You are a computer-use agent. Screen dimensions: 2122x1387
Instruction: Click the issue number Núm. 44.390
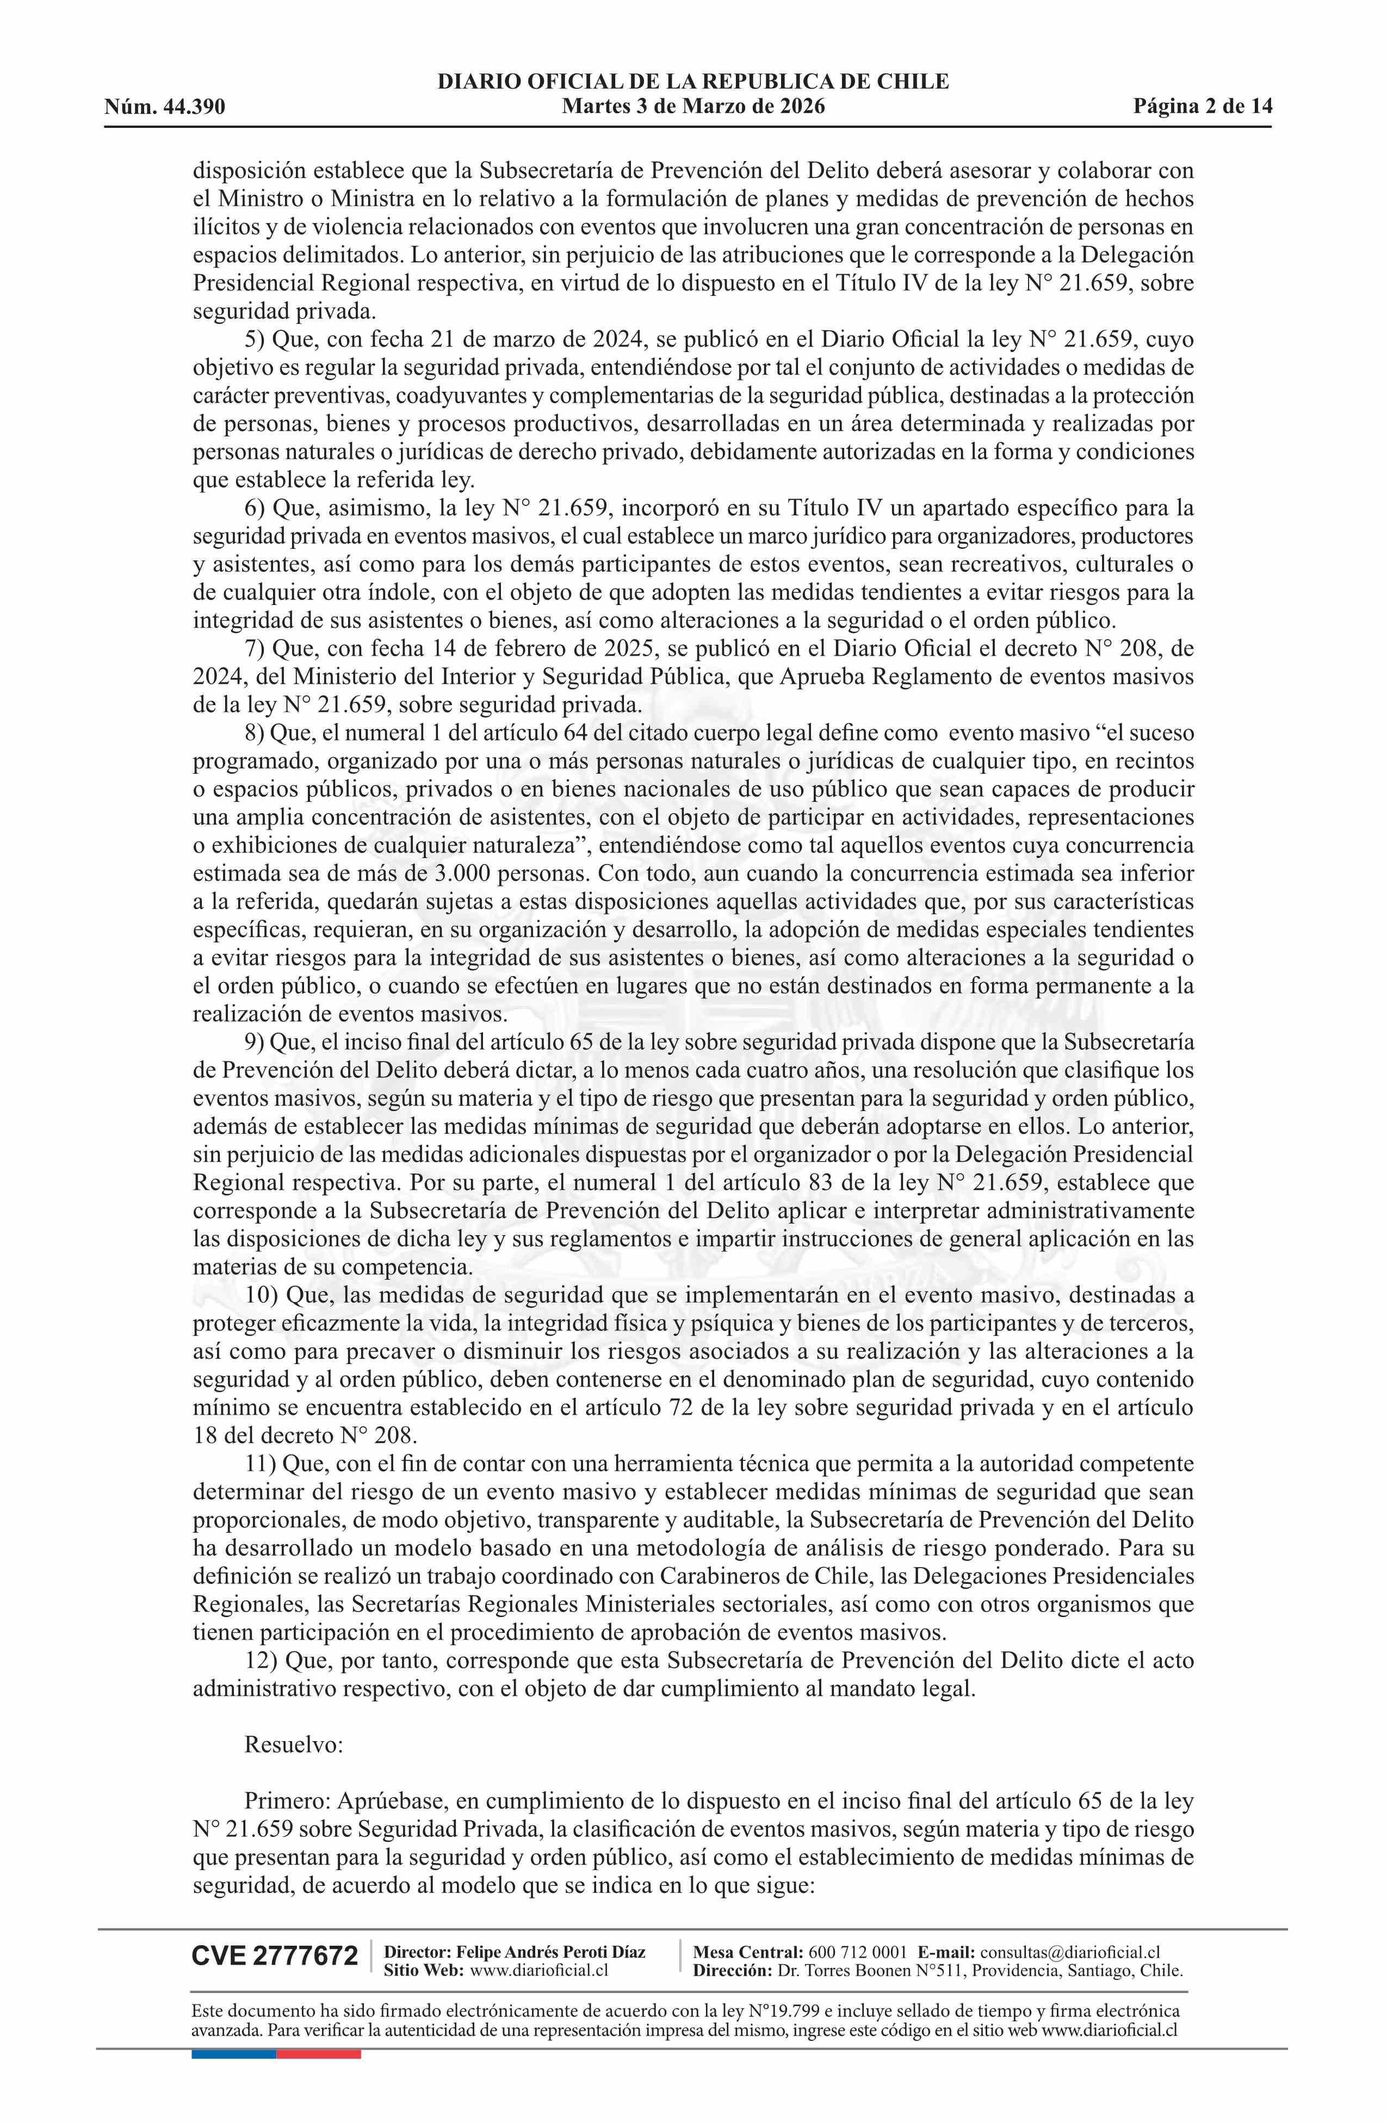click(165, 107)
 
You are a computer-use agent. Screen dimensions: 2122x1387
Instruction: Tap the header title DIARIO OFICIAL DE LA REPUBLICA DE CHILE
click(692, 82)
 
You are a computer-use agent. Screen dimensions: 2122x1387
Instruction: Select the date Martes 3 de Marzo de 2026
click(692, 107)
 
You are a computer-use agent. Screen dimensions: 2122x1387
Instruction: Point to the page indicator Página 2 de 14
click(1203, 107)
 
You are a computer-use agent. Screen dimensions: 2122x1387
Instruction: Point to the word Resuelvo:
click(293, 1745)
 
